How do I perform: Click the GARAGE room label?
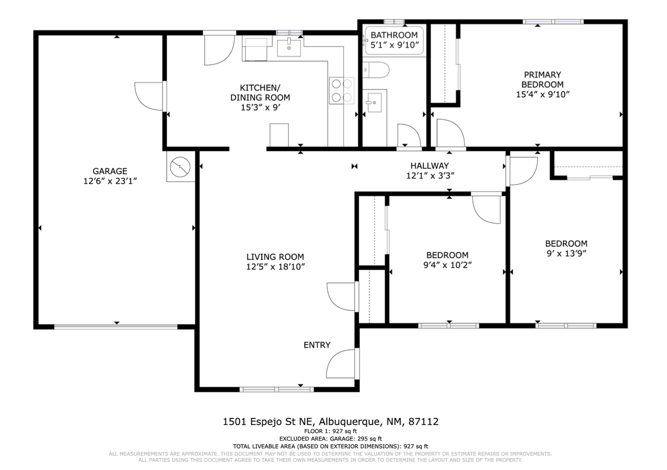tap(110, 171)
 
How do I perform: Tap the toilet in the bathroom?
tap(376, 70)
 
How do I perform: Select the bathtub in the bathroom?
tap(394, 40)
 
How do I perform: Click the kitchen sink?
tap(289, 47)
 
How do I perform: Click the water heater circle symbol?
tap(180, 167)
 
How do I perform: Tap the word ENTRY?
tap(317, 345)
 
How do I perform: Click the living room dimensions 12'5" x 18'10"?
tap(275, 267)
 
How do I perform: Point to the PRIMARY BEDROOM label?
tap(543, 80)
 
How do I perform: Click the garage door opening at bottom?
tap(116, 326)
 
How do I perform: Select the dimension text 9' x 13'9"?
tap(566, 253)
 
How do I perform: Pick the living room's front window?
tap(277, 389)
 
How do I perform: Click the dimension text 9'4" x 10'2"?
tap(448, 265)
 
